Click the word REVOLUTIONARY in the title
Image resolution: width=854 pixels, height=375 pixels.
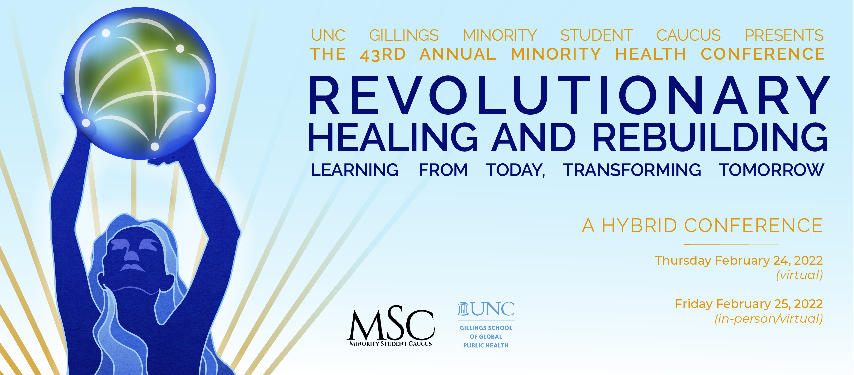point(569,95)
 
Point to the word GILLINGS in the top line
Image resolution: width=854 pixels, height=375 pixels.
point(404,35)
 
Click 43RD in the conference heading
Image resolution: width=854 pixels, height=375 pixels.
point(383,55)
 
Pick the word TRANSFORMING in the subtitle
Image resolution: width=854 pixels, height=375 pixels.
point(632,170)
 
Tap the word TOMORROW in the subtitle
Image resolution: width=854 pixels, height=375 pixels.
point(771,170)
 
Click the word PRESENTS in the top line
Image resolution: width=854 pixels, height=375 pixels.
point(784,35)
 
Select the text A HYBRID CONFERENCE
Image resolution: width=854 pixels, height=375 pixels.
point(702,226)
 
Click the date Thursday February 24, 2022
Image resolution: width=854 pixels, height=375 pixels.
point(739,261)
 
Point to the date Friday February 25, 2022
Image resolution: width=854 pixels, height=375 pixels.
point(749,304)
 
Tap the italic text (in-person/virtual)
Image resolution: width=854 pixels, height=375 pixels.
point(769,319)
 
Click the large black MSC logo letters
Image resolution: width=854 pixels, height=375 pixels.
point(391,324)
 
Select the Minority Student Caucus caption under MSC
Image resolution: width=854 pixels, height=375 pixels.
point(391,344)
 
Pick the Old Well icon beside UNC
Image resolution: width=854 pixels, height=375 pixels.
point(463,309)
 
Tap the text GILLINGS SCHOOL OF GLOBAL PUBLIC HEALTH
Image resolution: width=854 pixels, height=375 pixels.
point(486,337)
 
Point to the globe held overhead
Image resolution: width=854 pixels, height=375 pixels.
point(140,83)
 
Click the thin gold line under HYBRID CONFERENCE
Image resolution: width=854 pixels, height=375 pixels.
point(754,244)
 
